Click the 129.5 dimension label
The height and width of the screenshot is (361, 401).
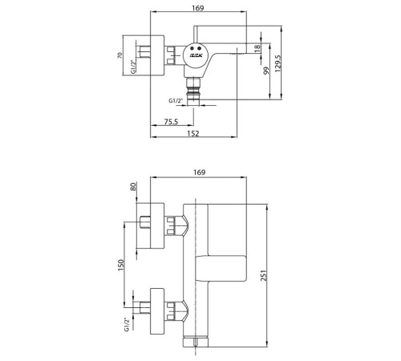point(278,63)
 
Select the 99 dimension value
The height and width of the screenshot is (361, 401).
point(266,71)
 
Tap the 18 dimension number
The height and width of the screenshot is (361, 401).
point(257,48)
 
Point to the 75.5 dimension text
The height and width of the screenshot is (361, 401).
point(171,122)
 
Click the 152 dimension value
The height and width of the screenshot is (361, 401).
point(193,133)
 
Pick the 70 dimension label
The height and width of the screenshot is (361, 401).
point(119,55)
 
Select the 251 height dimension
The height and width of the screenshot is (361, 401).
point(264,275)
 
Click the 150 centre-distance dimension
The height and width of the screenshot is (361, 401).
point(121,265)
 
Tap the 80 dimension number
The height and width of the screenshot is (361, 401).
point(133,186)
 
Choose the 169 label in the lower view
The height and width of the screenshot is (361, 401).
point(200,172)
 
